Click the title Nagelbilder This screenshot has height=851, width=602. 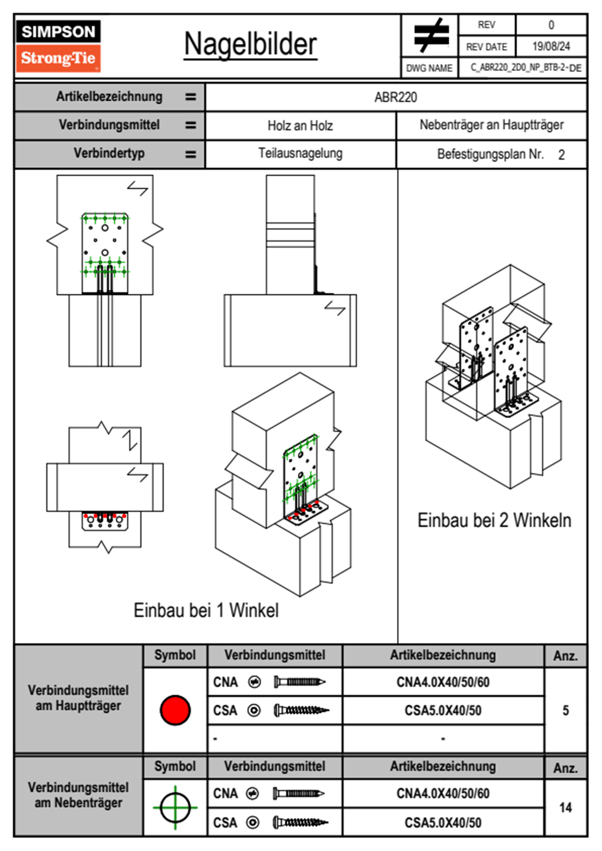point(250,45)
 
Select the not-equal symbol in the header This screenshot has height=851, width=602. point(431,35)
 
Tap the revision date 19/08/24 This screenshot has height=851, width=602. point(551,47)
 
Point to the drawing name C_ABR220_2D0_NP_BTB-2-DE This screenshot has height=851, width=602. point(525,68)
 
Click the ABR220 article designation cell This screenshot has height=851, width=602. point(396,97)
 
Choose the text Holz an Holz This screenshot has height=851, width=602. point(300,125)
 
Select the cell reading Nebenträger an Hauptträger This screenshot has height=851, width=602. point(491,125)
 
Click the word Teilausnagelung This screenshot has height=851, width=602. point(300,153)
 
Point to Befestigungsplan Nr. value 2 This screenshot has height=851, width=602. point(561,155)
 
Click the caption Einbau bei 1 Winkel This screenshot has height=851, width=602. point(206,610)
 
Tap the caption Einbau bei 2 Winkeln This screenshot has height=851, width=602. point(494,520)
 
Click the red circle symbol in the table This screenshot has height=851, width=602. point(175,710)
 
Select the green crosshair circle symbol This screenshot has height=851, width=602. point(175,807)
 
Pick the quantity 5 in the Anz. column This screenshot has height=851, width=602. point(566,710)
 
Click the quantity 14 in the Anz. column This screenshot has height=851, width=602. point(566,807)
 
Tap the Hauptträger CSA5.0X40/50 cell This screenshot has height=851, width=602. point(443,710)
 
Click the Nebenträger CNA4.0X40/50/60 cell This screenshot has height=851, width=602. point(443,793)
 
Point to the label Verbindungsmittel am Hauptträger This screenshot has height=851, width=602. point(78,698)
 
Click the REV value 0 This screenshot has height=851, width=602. point(551,25)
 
